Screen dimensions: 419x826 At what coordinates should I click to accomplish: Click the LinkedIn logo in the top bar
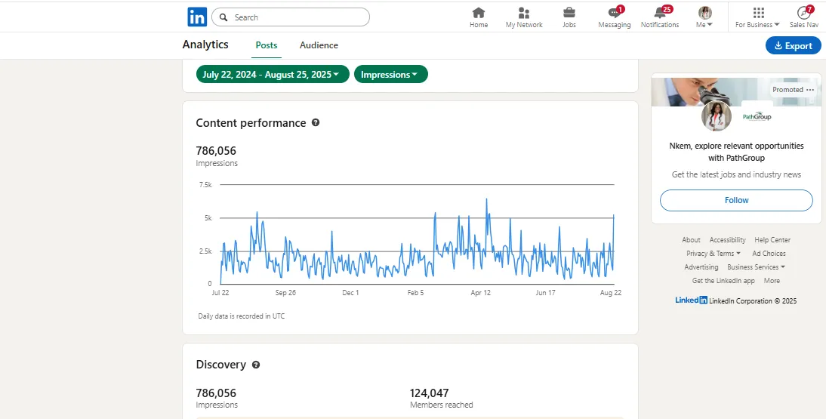point(197,17)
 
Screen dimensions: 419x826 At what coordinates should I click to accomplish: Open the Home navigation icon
point(479,13)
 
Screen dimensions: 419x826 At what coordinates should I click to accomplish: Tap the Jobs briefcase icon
point(569,13)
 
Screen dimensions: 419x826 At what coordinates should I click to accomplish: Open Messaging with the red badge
point(614,13)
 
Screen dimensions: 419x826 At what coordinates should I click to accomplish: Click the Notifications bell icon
point(659,13)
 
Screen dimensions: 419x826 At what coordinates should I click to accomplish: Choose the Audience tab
point(319,45)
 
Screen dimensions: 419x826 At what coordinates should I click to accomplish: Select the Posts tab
point(267,45)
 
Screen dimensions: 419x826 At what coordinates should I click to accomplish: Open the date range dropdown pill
point(273,75)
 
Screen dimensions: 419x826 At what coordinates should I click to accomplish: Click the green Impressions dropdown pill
point(390,75)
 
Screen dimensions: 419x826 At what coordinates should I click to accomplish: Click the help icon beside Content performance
point(316,122)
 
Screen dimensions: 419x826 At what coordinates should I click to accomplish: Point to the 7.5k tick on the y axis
point(205,184)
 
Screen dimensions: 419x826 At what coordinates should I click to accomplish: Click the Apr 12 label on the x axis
point(481,292)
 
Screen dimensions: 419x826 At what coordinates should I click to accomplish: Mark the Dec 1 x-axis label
point(350,292)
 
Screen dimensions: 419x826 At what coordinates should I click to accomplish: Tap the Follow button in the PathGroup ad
point(736,200)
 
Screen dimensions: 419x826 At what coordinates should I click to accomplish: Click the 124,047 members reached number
point(429,393)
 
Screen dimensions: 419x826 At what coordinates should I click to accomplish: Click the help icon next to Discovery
point(256,365)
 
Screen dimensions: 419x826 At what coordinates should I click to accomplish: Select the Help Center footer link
point(772,240)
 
